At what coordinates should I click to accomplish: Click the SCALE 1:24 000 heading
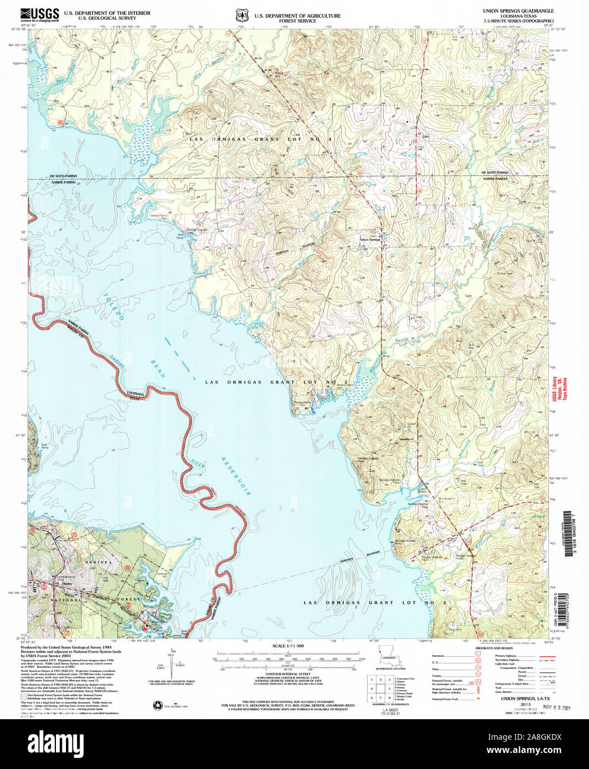(x=288, y=646)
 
